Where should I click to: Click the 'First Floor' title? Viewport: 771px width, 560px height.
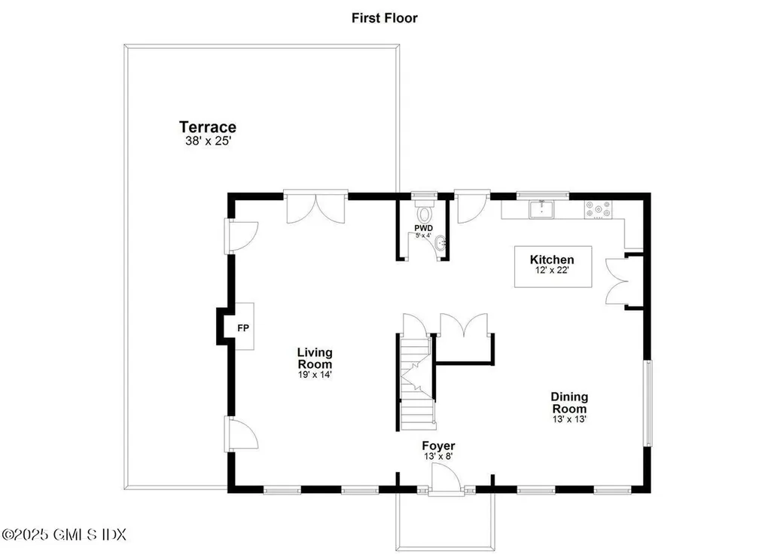[384, 17]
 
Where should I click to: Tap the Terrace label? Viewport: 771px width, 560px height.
[207, 127]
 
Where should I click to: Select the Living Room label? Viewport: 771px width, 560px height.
[314, 358]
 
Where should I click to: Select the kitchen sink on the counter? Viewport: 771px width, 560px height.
[541, 208]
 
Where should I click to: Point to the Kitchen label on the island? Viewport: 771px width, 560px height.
[552, 260]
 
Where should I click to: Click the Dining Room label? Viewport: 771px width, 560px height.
[569, 403]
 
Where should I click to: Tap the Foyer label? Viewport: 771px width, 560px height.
[437, 446]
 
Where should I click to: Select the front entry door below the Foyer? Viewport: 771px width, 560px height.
[446, 479]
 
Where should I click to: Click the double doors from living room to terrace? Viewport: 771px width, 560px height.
[315, 206]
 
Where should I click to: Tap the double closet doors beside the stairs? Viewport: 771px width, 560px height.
[464, 325]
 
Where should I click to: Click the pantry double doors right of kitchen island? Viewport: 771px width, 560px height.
[616, 281]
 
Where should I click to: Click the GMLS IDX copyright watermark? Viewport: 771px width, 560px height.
[64, 534]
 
